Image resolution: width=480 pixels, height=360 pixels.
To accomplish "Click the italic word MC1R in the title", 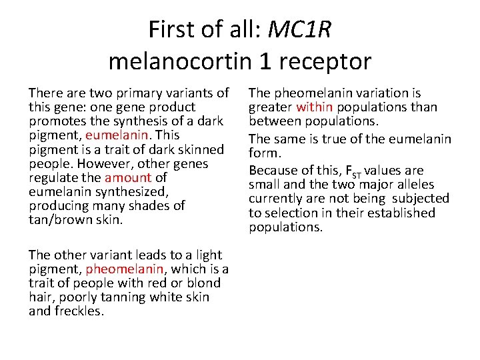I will tap(299, 29).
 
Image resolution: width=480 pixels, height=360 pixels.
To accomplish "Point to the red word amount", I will tap(129, 178).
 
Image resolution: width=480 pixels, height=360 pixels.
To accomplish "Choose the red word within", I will tap(315, 107).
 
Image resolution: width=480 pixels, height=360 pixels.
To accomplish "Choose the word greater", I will tap(271, 107).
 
